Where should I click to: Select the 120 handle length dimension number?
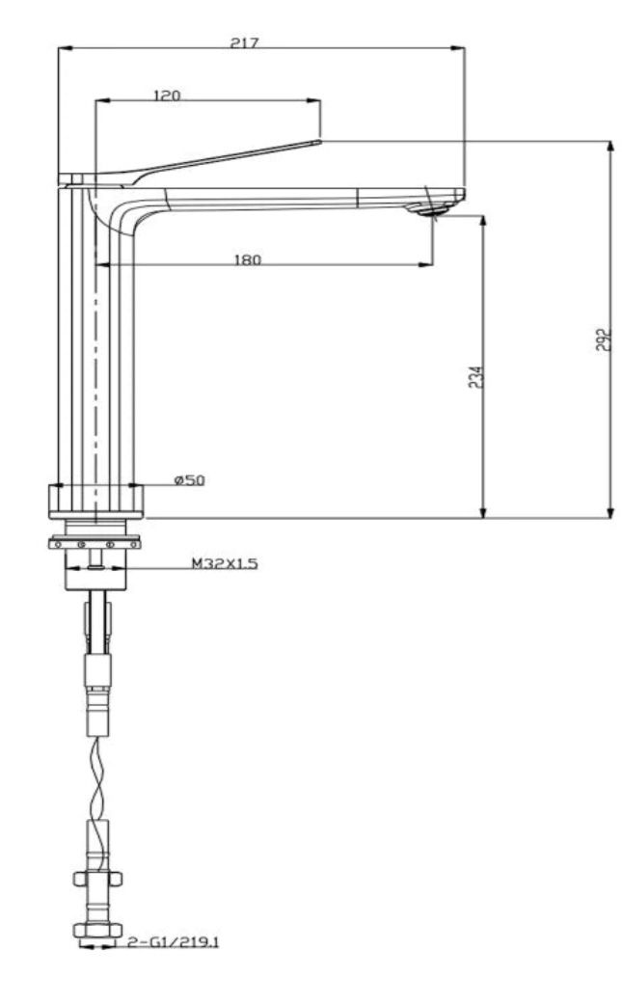167,95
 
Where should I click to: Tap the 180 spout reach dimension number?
248,259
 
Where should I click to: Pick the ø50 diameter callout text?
189,479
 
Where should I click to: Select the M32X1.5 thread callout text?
224,563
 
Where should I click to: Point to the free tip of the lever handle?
317,143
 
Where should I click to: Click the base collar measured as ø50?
95,499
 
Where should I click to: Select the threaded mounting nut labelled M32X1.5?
95,576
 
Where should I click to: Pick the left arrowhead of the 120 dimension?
98,100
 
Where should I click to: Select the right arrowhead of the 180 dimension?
427,265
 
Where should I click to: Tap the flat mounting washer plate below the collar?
95,543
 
